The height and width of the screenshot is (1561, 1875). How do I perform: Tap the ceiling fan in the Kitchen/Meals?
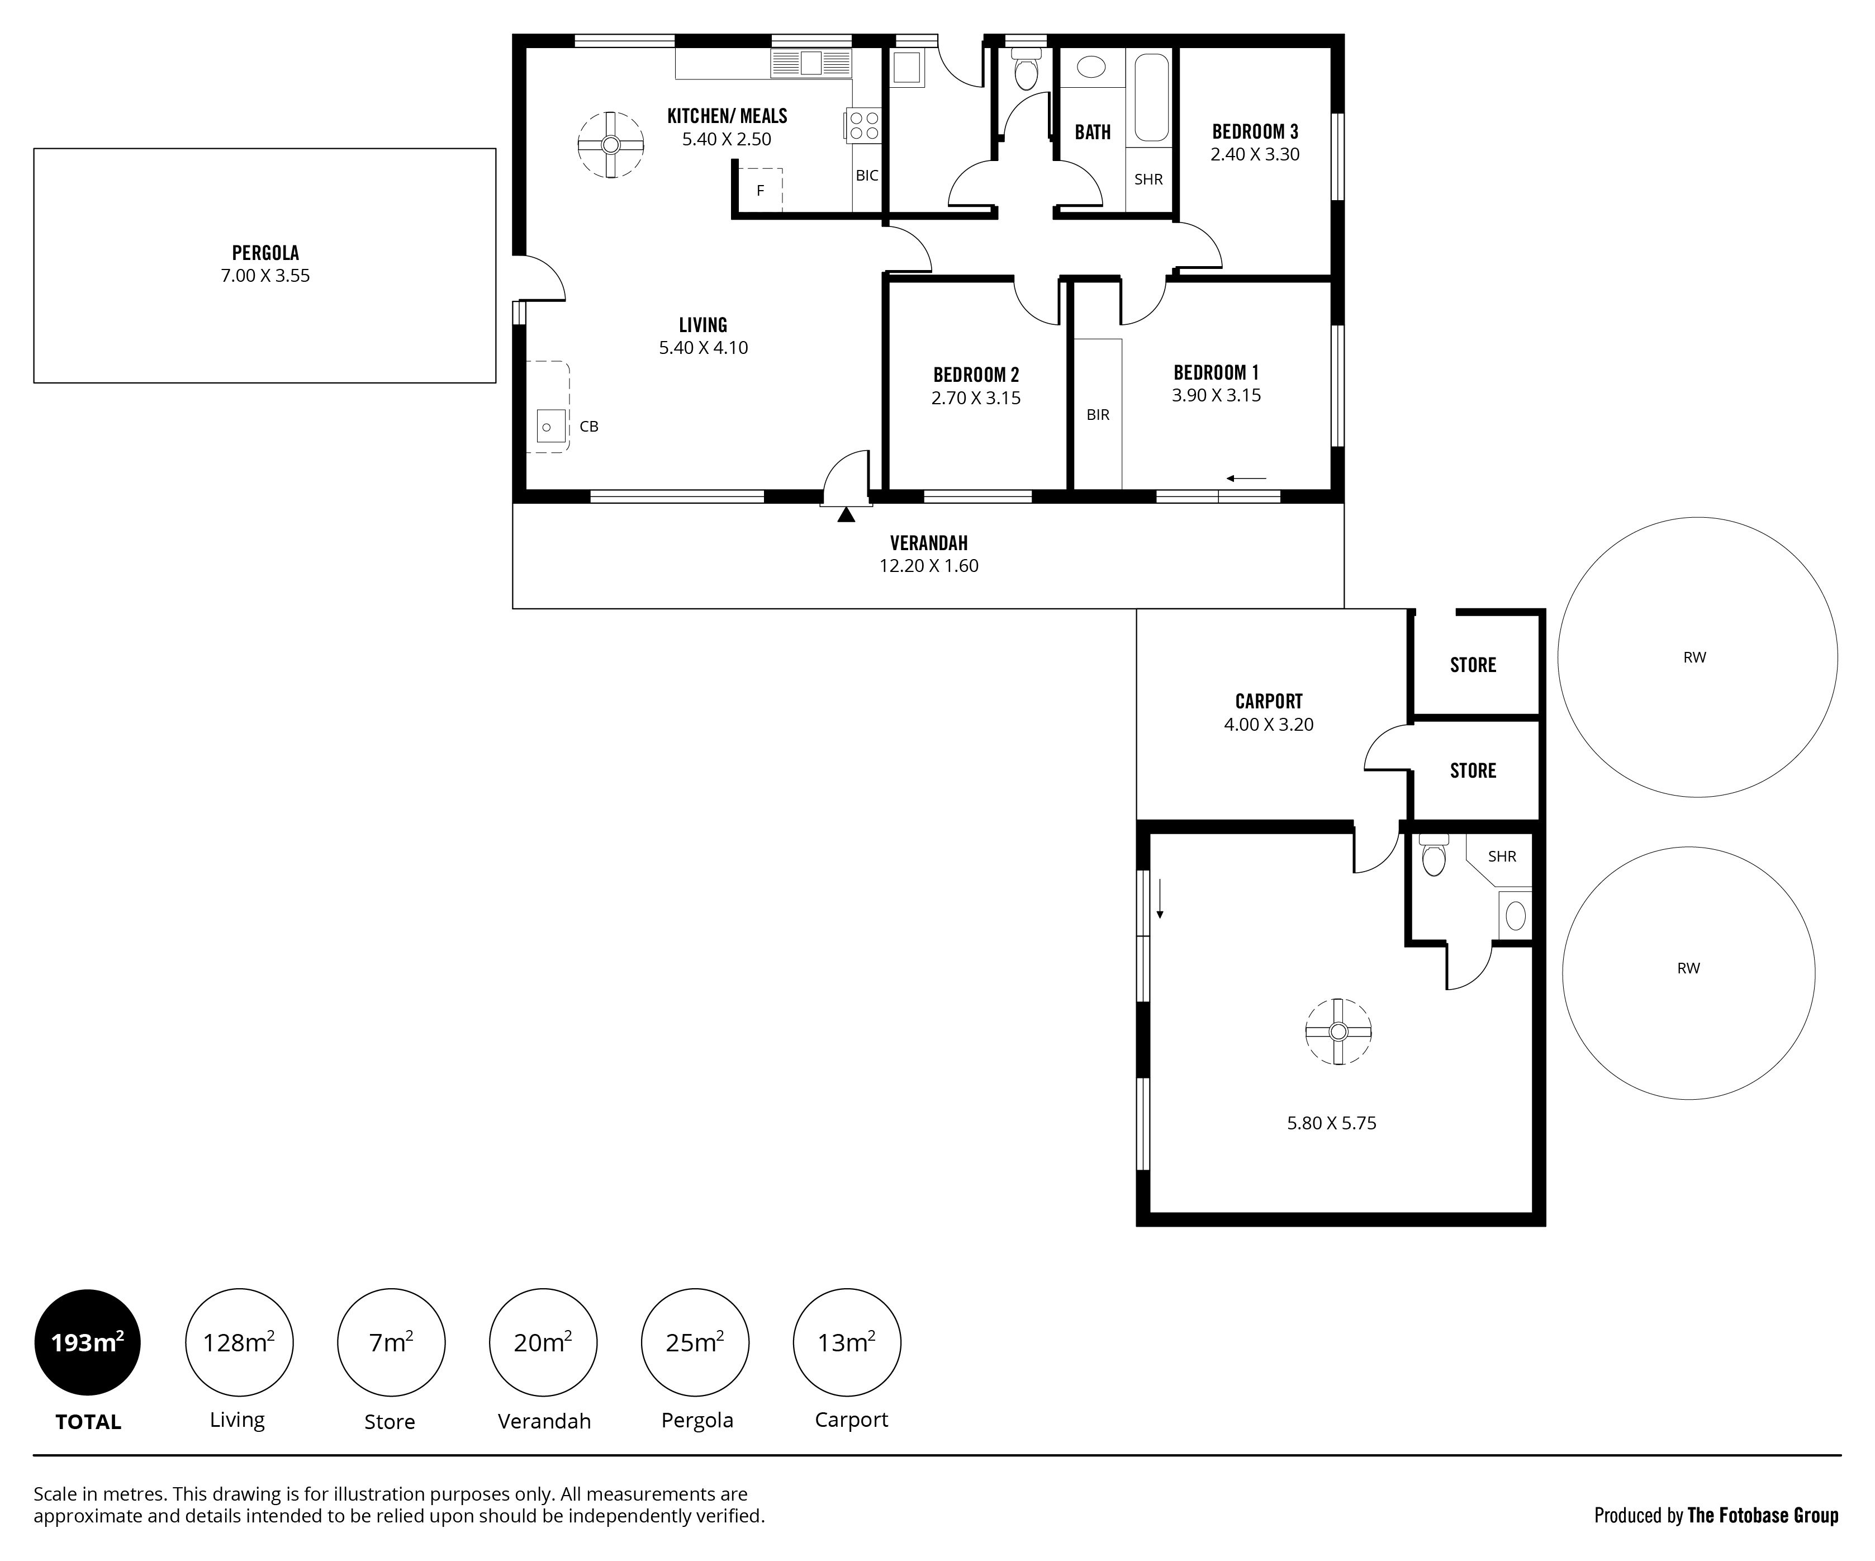pyautogui.click(x=611, y=145)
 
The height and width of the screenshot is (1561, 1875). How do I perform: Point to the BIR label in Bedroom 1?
pyautogui.click(x=1098, y=415)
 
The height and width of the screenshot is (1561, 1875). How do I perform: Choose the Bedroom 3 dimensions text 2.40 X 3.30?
pyautogui.click(x=1255, y=154)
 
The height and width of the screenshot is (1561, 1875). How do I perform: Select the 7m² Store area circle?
pyautogui.click(x=391, y=1342)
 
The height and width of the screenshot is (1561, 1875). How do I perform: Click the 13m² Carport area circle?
pyautogui.click(x=847, y=1342)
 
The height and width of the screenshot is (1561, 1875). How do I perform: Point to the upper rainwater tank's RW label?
pyautogui.click(x=1694, y=657)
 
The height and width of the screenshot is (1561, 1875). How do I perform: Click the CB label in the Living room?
pyautogui.click(x=589, y=427)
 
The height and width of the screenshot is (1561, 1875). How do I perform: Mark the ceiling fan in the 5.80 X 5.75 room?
pyautogui.click(x=1337, y=1032)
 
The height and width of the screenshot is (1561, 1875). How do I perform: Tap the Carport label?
pyautogui.click(x=1269, y=702)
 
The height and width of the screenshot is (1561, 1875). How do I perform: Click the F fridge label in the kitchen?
pyautogui.click(x=761, y=190)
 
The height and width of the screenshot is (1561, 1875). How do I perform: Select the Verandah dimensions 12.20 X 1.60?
pyautogui.click(x=929, y=566)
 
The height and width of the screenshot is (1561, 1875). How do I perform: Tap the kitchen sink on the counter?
pyautogui.click(x=811, y=63)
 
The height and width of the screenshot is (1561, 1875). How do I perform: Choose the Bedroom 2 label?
pyautogui.click(x=976, y=375)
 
